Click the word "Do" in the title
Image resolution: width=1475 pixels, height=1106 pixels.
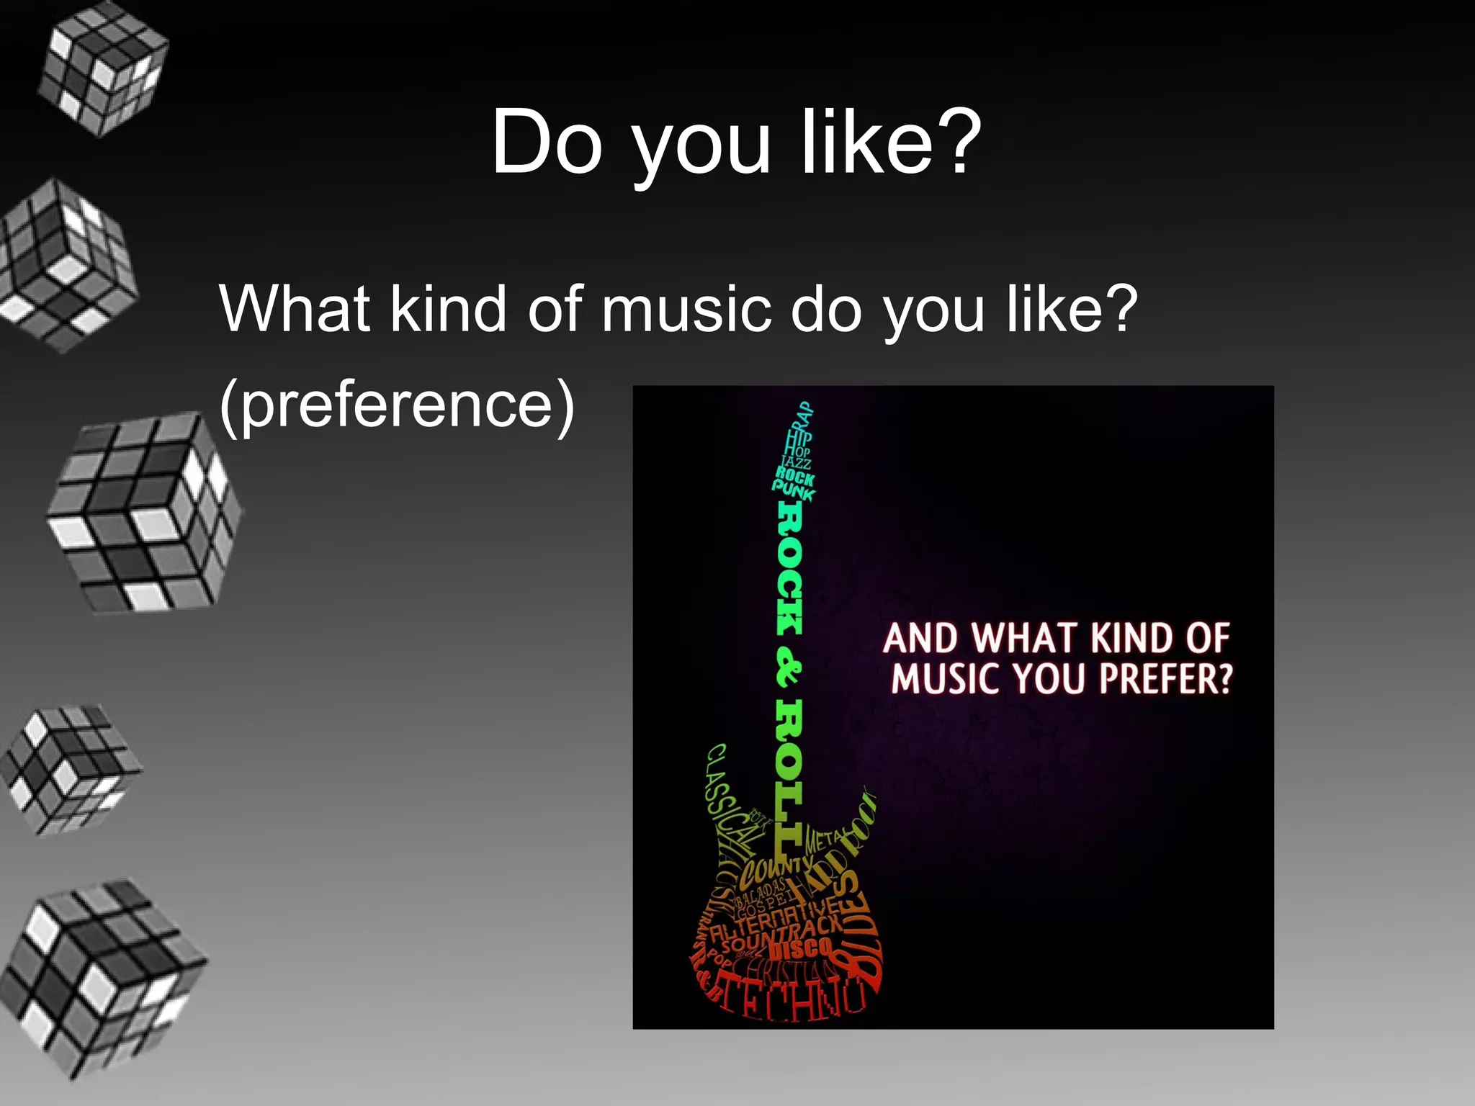pyautogui.click(x=546, y=142)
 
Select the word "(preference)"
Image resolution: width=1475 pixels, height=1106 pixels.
pyautogui.click(x=398, y=405)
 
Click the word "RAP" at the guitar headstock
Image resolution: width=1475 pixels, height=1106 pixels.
pyautogui.click(x=804, y=415)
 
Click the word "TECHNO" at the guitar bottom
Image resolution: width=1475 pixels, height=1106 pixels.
pyautogui.click(x=792, y=1001)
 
